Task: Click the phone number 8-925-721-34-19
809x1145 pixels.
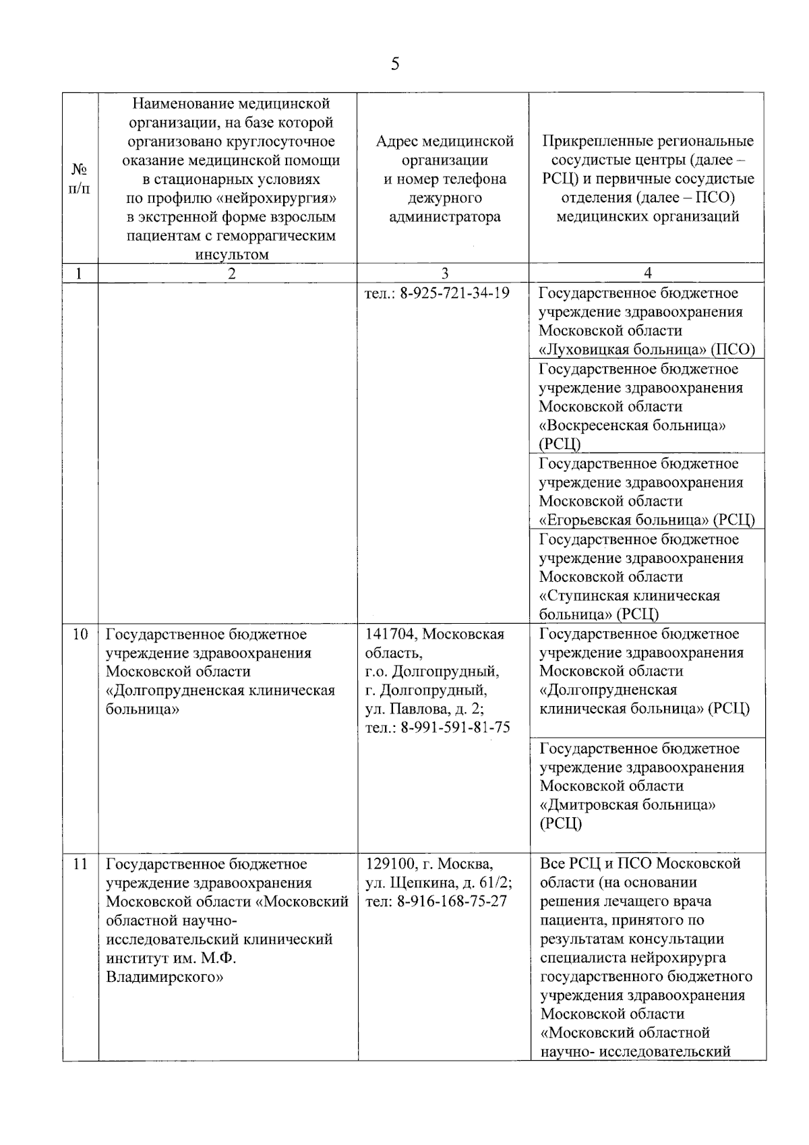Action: [455, 293]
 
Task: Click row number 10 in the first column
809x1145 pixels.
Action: [80, 635]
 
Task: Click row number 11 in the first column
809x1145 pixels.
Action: [80, 864]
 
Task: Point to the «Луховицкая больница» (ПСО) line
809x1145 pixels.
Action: [647, 349]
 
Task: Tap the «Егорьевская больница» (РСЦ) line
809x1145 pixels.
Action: [647, 520]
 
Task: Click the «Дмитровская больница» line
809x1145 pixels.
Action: [627, 805]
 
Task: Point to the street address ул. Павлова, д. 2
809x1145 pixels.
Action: [424, 709]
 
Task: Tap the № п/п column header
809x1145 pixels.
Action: [80, 178]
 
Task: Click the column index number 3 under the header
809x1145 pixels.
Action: [444, 273]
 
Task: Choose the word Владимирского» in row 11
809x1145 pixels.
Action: [164, 977]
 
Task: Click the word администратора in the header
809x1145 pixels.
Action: [444, 217]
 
